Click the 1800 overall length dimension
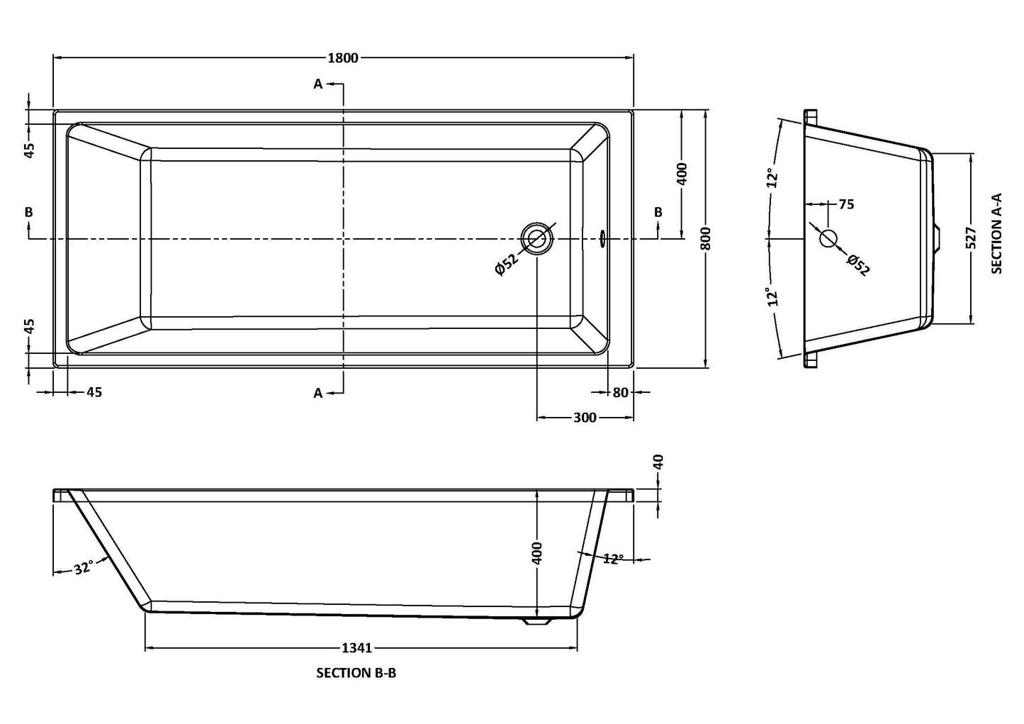(343, 58)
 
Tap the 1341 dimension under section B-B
(357, 647)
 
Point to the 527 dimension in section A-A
(971, 238)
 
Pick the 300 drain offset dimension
(584, 418)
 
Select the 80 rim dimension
(621, 392)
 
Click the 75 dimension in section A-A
(846, 205)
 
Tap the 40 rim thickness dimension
(658, 462)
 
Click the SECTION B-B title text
(356, 673)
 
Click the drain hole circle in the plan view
(536, 239)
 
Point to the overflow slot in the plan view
(602, 238)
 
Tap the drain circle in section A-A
(828, 238)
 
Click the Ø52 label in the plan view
(507, 264)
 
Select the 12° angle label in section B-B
(613, 559)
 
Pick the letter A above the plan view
(318, 84)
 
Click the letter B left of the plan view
(28, 212)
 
